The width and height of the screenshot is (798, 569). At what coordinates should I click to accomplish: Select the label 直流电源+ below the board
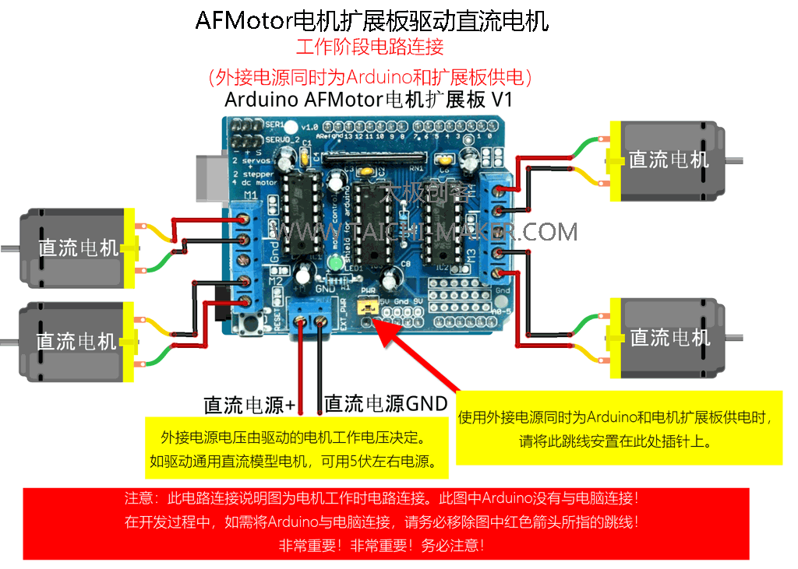(249, 405)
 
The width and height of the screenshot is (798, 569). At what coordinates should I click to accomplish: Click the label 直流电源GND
(386, 403)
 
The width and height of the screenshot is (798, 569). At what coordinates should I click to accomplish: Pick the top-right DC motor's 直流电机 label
(669, 160)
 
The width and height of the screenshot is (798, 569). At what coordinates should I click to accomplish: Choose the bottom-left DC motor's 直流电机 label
(76, 341)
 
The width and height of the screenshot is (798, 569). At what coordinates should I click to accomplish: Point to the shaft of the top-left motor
(9, 249)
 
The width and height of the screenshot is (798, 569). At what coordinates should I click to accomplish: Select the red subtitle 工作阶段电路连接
(369, 47)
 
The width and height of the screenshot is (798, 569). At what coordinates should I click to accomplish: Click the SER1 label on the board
(275, 125)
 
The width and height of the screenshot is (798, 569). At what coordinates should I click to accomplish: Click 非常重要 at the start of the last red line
(308, 545)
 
